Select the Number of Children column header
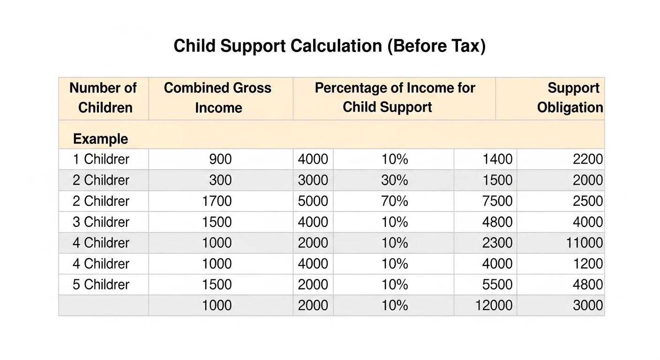103,97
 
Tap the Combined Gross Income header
218,97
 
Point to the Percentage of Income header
394,97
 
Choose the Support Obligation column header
570,97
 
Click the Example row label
100,139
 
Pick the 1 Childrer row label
101,159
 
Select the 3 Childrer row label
101,222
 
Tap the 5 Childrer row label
101,285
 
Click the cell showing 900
220,159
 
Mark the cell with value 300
220,180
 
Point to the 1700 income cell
217,201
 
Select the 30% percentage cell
395,180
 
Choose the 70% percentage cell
395,201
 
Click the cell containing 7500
497,201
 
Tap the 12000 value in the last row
494,306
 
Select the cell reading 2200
588,159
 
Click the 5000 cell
313,201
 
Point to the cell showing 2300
497,243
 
